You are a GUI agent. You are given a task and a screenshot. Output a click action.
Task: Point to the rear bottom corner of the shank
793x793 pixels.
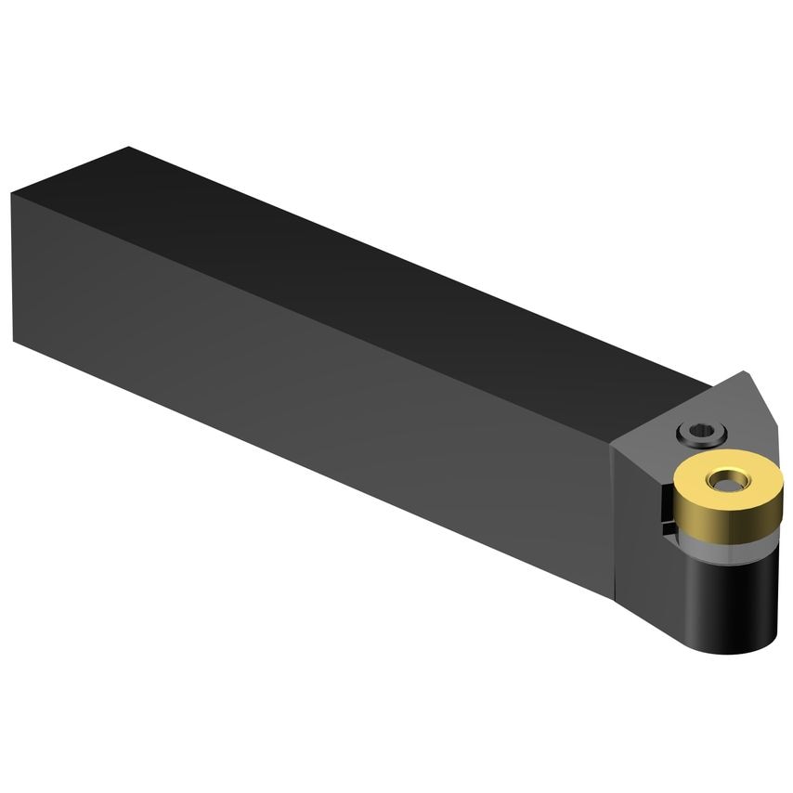[15, 341]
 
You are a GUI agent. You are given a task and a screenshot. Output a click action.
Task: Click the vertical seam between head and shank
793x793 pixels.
[613, 520]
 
